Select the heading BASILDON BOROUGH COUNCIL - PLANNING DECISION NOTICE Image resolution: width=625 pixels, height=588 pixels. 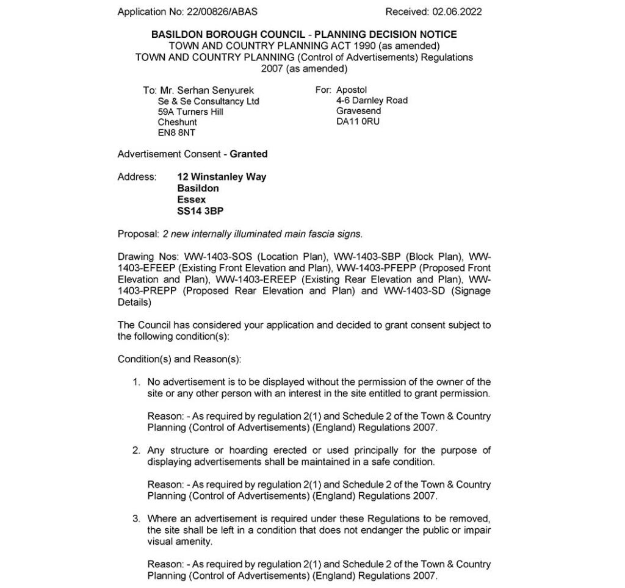(x=304, y=35)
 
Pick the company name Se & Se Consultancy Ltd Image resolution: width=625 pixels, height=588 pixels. (x=208, y=101)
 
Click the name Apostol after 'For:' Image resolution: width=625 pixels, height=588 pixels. (x=352, y=90)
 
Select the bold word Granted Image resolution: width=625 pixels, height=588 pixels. (x=248, y=154)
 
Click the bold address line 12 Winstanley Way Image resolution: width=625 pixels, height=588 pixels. (x=222, y=177)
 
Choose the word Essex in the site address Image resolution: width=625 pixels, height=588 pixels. (x=191, y=199)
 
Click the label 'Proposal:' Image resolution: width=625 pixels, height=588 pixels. (x=139, y=234)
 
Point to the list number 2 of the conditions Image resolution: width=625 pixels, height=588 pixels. (x=137, y=451)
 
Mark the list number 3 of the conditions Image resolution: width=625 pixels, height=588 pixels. (x=137, y=519)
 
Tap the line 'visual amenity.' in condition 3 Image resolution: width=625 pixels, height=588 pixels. (x=180, y=542)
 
